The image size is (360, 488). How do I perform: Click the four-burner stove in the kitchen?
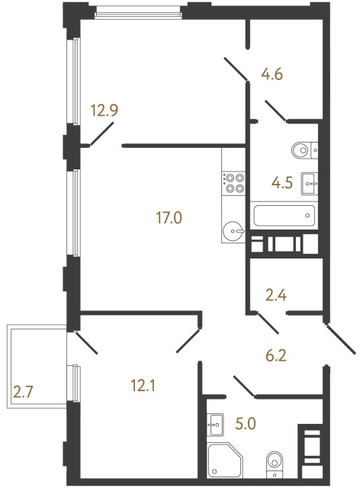coord(233,182)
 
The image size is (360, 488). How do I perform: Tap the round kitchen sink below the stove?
coord(233,228)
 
